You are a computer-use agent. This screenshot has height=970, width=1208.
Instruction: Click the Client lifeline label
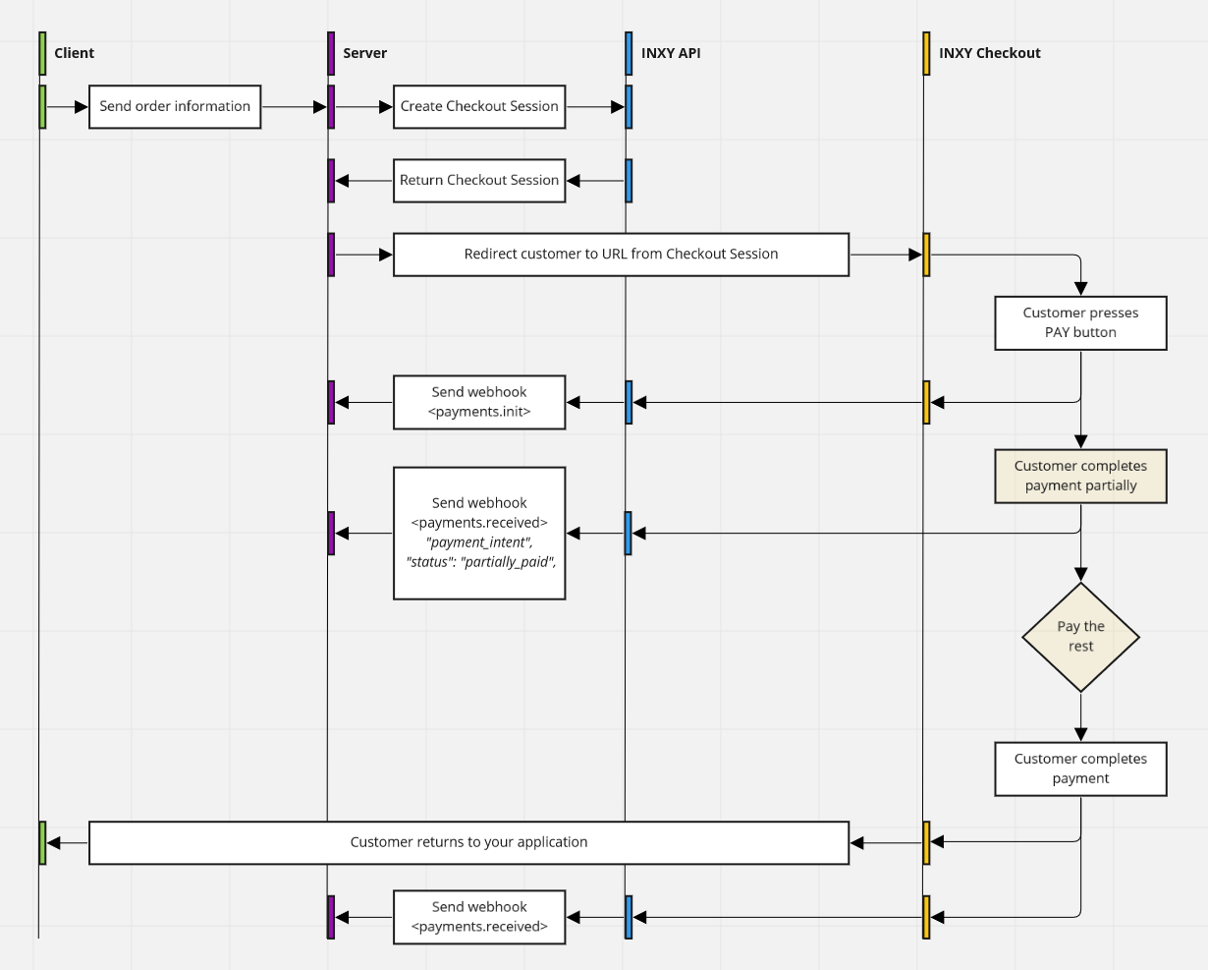point(74,53)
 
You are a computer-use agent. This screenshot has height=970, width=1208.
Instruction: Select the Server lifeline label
point(364,53)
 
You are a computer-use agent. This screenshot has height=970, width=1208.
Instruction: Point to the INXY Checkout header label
point(989,53)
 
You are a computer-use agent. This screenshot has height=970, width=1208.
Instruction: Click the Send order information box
point(175,106)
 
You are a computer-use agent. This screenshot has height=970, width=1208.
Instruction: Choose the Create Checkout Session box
point(479,106)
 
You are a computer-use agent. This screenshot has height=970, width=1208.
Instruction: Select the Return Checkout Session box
point(479,181)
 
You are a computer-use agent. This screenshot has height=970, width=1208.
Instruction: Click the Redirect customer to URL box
point(621,255)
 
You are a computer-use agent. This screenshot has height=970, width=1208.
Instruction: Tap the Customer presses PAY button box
point(1080,322)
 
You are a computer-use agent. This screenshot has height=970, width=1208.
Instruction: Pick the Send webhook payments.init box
point(479,402)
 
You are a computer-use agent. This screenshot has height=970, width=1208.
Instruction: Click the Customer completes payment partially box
point(1080,476)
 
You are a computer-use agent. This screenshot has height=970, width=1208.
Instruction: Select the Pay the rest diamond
point(1080,637)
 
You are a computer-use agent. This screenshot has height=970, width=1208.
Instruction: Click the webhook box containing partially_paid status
point(479,533)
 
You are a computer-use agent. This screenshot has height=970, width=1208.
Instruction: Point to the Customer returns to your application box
point(468,842)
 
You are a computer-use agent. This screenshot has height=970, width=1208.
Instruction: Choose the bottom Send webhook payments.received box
point(479,917)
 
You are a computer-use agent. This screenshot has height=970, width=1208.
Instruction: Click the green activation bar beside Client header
point(42,53)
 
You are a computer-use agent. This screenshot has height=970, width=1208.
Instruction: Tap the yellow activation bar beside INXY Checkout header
point(926,53)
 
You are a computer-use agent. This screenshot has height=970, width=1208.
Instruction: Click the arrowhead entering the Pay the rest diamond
point(1080,574)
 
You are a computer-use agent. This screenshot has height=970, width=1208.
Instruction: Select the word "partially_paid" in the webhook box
point(508,562)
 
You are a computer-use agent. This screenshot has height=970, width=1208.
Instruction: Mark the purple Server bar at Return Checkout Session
point(331,181)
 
